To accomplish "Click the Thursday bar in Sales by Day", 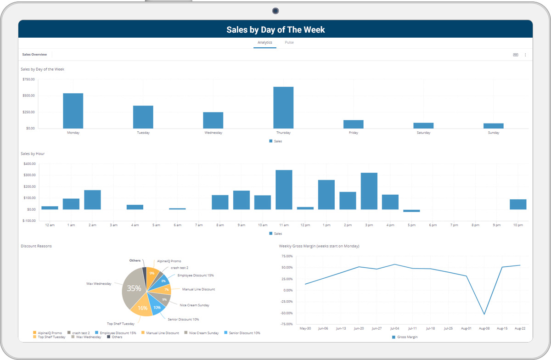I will pos(283,107).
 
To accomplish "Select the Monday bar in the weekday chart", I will pos(73,111).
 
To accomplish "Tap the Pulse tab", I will pos(289,43).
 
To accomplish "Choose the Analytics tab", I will pos(265,43).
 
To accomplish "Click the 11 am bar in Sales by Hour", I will pos(284,190).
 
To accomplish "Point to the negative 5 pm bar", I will pos(411,211).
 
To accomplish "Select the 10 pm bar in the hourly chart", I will pos(518,204).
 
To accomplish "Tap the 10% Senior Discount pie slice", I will pos(157,307).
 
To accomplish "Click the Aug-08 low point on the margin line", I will pos(484,314).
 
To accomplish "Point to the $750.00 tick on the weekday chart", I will pos(28,79).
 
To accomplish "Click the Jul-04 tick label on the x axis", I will pos(394,328).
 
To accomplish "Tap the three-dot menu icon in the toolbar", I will pos(525,55).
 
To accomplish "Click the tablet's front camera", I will pos(275,10).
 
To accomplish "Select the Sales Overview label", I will pos(34,55).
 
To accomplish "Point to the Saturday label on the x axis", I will pos(423,133).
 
